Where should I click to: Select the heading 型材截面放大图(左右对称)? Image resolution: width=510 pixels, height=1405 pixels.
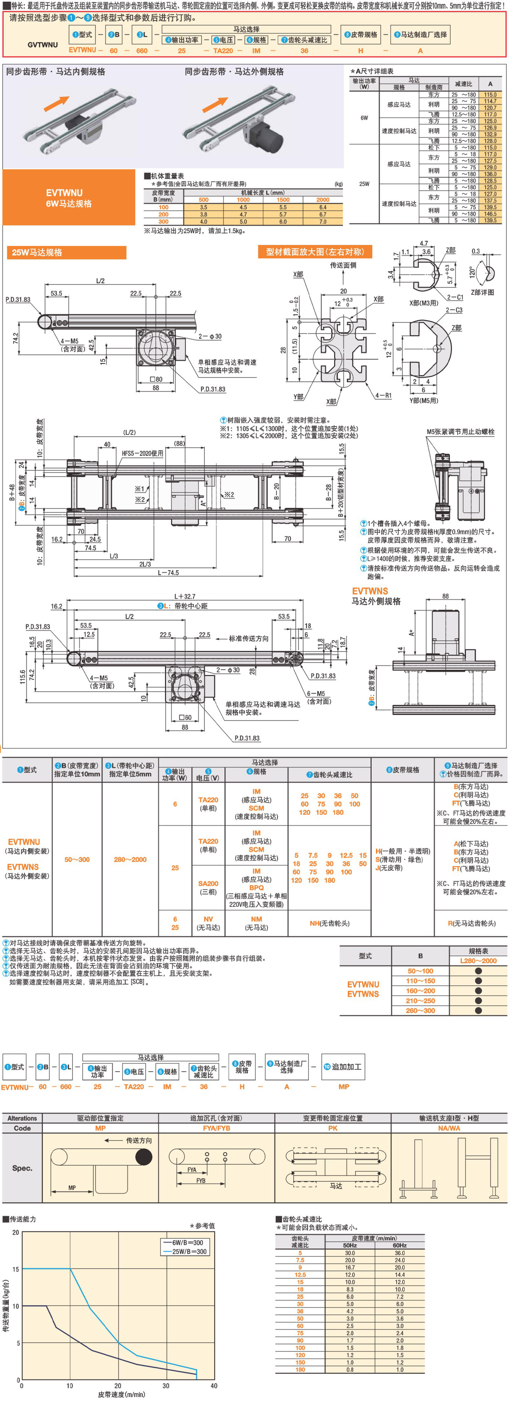315,252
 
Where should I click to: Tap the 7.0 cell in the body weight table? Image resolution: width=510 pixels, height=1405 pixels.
323,221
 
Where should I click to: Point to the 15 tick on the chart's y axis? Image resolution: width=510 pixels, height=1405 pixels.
16,1269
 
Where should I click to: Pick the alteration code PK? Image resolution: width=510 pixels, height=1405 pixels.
333,1128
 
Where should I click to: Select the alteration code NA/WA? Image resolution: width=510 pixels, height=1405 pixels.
449,1128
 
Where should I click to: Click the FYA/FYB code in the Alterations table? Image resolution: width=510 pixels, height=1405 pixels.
216,1128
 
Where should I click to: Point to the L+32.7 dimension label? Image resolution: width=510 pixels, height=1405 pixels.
184,597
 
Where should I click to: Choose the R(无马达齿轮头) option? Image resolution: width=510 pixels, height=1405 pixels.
471,923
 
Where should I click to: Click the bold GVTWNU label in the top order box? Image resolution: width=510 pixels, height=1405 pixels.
43,45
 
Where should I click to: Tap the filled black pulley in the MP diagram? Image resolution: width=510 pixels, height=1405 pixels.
144,1157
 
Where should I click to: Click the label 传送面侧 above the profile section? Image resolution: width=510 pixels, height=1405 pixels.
343,265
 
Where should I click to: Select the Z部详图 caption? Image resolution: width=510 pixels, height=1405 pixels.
482,292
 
